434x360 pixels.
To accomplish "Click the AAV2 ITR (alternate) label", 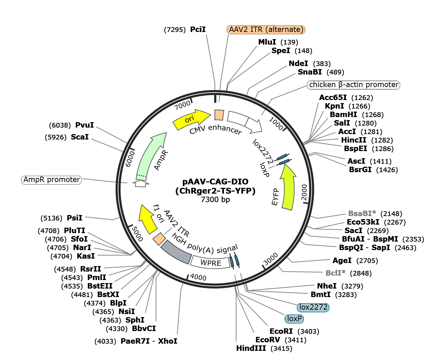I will (x=266, y=30).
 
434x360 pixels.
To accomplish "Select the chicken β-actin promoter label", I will (x=353, y=85).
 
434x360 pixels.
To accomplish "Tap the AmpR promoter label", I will (x=52, y=180).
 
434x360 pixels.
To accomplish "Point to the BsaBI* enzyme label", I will (x=362, y=214).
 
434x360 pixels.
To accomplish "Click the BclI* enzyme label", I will (x=335, y=273).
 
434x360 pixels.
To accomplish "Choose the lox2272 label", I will (x=313, y=308).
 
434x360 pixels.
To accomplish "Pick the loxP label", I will (x=294, y=319).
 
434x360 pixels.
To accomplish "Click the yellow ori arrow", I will (x=191, y=119).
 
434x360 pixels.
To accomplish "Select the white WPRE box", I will (x=210, y=262).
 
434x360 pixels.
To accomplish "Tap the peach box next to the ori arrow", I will (x=219, y=115).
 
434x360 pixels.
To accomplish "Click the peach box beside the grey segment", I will (x=159, y=239).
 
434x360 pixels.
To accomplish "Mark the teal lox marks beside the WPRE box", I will (x=235, y=261).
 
